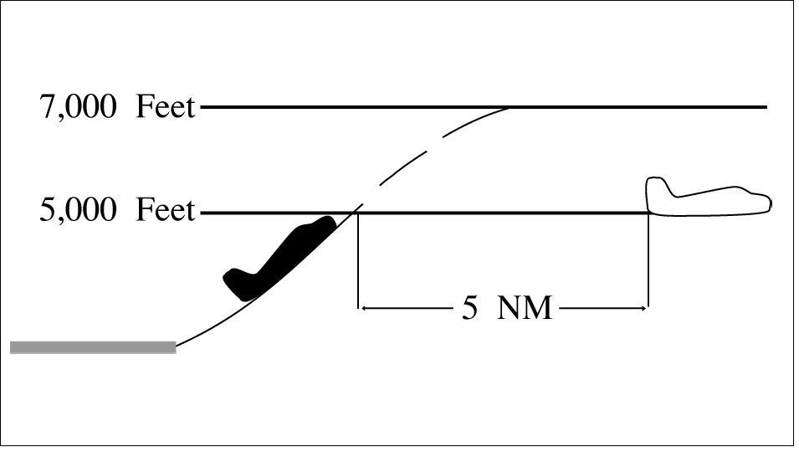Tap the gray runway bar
[x=93, y=347]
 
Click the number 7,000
[x=78, y=107]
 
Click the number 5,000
[x=78, y=210]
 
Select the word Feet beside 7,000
[x=165, y=107]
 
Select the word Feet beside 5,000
[x=165, y=209]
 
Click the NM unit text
[x=525, y=308]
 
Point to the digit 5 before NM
[x=470, y=308]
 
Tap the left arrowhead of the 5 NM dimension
[x=361, y=308]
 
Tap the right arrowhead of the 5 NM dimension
[x=644, y=308]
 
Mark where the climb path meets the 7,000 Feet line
[x=509, y=107]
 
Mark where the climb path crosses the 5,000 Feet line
[x=355, y=213]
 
